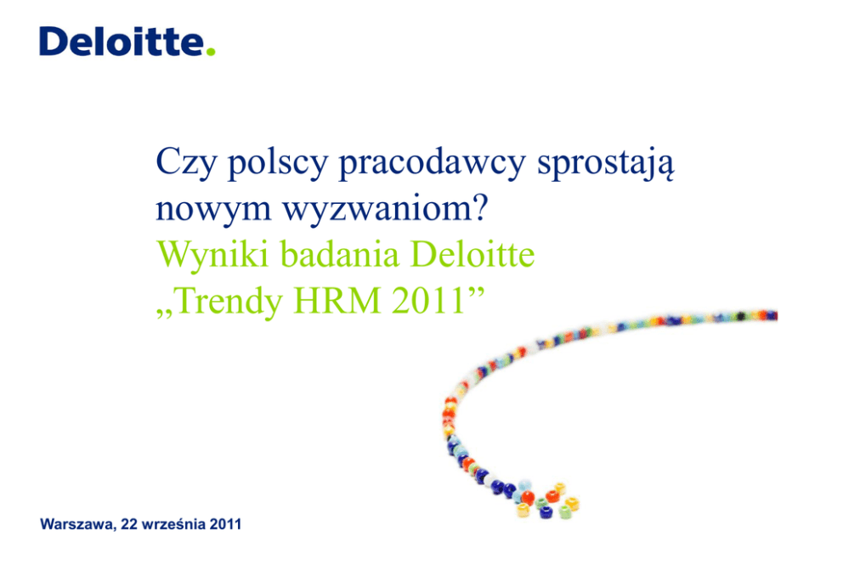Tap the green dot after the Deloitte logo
point(211,52)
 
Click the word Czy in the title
point(186,163)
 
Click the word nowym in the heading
point(213,208)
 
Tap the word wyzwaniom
point(376,208)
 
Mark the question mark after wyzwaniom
point(480,206)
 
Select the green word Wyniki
point(212,255)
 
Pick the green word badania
point(340,254)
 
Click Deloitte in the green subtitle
point(472,254)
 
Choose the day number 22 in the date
point(129,524)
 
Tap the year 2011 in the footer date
point(225,524)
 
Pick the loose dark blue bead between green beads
point(546,512)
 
